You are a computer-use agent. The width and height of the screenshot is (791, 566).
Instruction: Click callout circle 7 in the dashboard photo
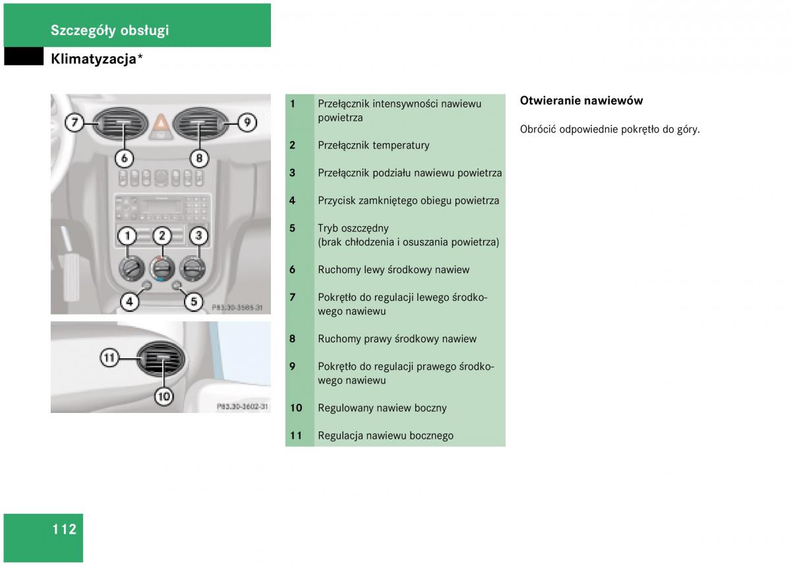pos(74,122)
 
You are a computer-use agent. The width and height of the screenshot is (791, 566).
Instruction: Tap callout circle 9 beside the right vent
pos(247,122)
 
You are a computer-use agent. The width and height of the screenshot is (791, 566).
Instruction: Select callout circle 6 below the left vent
pos(124,158)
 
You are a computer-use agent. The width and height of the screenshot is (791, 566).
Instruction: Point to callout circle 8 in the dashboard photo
pos(199,158)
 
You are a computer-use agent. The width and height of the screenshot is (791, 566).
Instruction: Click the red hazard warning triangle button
pos(161,122)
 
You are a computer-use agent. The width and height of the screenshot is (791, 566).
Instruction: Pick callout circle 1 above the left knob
pos(127,236)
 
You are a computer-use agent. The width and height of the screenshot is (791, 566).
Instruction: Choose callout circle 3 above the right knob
pos(198,236)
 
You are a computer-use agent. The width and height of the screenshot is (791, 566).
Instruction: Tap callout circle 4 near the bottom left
pos(129,302)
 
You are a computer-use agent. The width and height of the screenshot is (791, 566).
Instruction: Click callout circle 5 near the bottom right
pos(193,302)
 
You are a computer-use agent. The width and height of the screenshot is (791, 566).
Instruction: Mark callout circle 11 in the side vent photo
pos(109,358)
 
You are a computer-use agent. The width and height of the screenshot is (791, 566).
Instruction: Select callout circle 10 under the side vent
pos(163,396)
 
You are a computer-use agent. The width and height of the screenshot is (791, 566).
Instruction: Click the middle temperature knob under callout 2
pos(161,268)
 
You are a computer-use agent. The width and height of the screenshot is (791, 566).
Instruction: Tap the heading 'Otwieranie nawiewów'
pos(581,101)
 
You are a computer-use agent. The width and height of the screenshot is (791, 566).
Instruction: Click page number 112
pos(65,529)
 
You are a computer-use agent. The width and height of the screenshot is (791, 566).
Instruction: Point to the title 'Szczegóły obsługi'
pos(109,30)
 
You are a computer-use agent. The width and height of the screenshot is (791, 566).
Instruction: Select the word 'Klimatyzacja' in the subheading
pos(93,59)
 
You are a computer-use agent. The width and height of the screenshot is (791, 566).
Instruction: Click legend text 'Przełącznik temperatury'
pos(373,145)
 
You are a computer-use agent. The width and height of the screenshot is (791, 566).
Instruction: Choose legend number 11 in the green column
pos(296,435)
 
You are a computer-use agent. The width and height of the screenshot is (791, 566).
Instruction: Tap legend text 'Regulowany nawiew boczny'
pos(382,408)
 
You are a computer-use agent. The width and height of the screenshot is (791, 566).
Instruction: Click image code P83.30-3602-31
pos(243,407)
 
